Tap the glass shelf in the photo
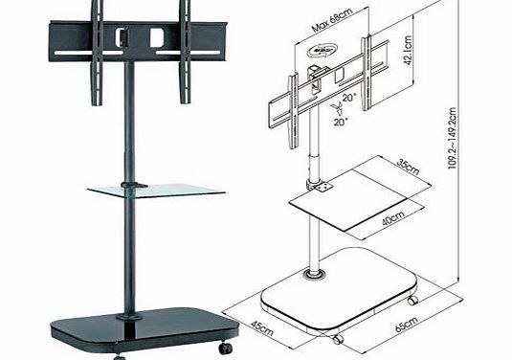(158, 190)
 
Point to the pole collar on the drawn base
(313, 276)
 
